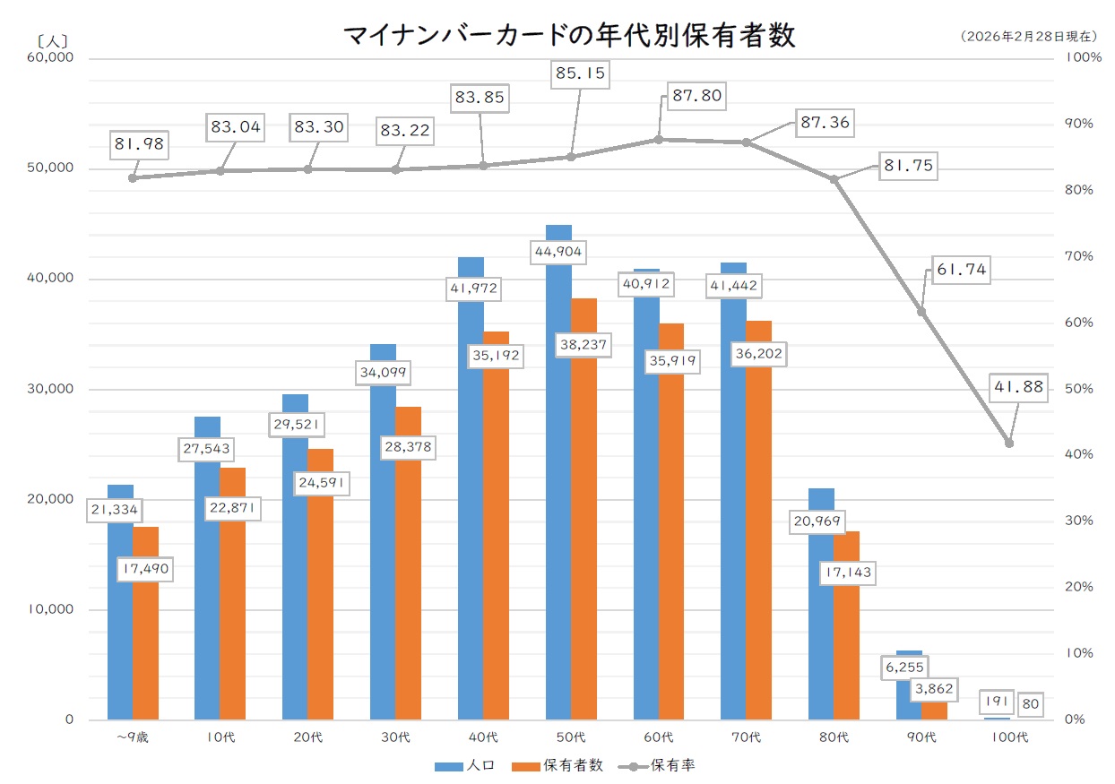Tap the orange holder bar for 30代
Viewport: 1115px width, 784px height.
coord(409,582)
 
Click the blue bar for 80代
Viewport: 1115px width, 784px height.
coord(821,627)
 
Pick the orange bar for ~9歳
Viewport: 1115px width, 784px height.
coord(145,645)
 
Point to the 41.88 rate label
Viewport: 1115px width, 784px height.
coord(1018,388)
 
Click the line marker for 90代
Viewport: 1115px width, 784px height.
coord(921,312)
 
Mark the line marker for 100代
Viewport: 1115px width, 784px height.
coord(1009,444)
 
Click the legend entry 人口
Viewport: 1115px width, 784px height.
coord(462,766)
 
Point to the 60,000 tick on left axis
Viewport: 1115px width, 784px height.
coord(52,57)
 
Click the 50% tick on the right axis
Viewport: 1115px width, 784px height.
coord(1078,389)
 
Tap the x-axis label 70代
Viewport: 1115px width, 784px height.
coord(746,737)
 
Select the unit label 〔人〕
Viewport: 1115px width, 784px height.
coord(53,39)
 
